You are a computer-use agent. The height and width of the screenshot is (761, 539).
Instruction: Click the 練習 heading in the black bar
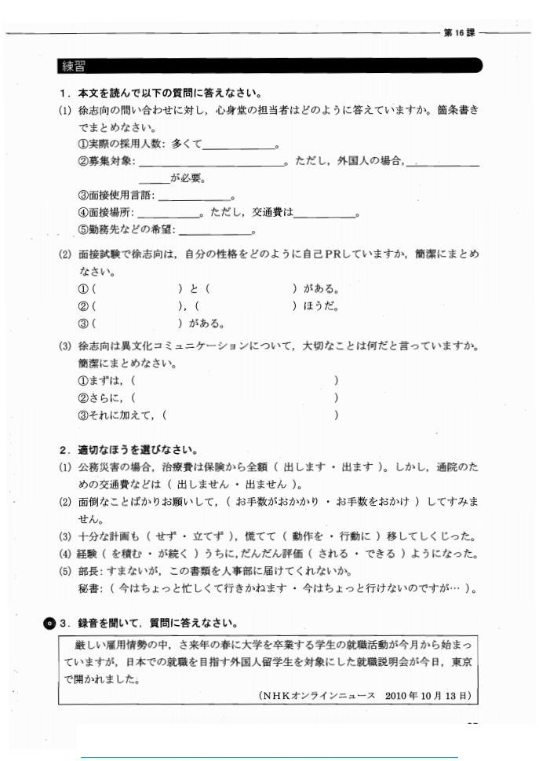tap(73, 66)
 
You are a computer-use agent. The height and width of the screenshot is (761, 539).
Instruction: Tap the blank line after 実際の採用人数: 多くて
tap(239, 145)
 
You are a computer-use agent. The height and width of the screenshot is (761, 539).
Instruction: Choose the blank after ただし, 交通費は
tap(323, 213)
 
